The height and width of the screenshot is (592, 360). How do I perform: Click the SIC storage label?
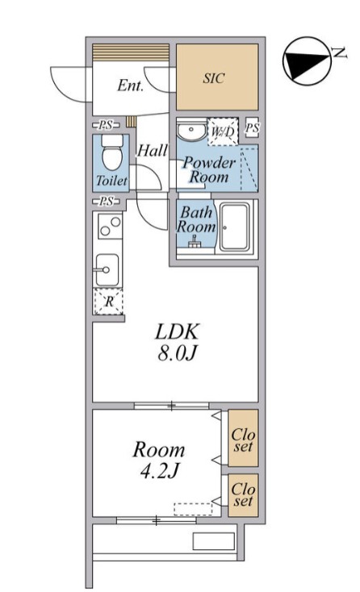213,78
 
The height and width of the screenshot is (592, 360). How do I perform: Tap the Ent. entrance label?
130,85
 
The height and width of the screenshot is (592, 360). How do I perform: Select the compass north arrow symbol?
307,61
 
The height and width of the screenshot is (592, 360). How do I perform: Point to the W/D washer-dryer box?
223,131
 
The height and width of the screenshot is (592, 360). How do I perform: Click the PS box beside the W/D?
252,128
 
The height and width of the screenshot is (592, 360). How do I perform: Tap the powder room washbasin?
191,131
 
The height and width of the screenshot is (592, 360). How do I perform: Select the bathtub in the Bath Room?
236,227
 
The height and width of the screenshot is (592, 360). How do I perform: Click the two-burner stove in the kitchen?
110,225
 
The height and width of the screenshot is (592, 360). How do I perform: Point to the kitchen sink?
107,270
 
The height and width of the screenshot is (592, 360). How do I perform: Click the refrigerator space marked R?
109,302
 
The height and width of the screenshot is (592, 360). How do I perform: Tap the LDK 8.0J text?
177,342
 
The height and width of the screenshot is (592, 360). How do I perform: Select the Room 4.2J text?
159,460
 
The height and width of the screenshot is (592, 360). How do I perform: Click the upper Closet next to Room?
243,438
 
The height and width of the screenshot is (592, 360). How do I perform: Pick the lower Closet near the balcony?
243,495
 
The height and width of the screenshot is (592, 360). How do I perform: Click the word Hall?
152,151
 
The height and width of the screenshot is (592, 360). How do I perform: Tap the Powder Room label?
209,170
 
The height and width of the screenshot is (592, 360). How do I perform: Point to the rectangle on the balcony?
214,541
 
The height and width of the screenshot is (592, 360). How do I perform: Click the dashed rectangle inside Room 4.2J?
193,509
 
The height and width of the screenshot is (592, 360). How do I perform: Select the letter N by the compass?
340,53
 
